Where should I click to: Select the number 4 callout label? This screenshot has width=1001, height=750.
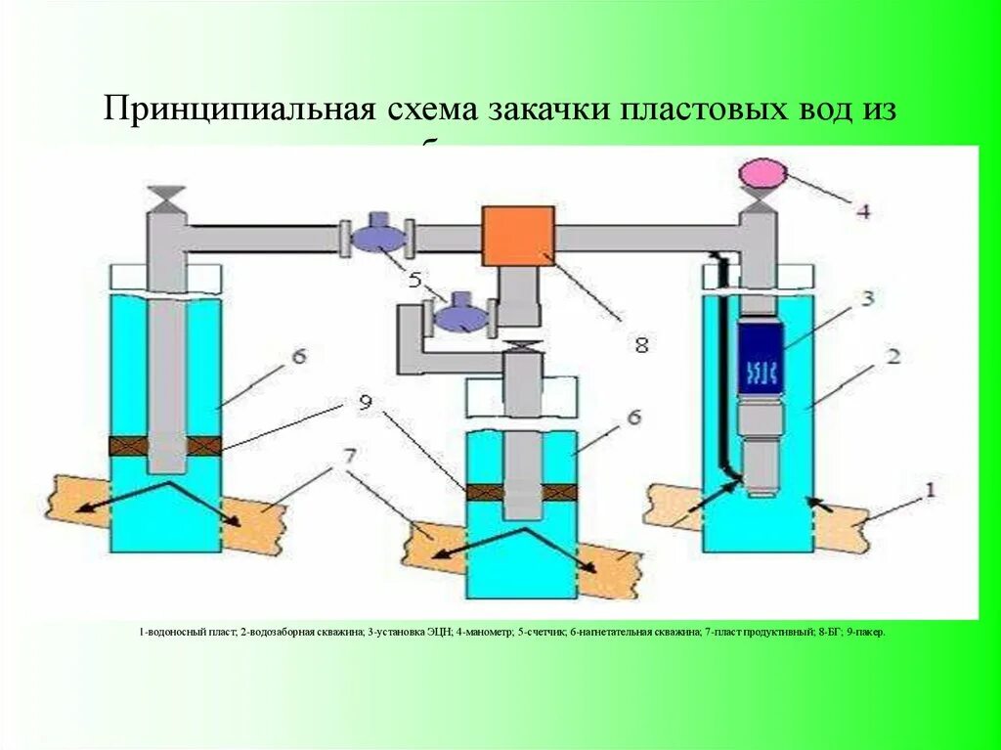pyautogui.click(x=861, y=208)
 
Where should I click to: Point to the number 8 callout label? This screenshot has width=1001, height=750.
pyautogui.click(x=641, y=344)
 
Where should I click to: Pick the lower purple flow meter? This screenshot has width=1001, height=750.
pyautogui.click(x=460, y=317)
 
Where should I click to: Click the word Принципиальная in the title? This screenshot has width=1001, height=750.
pyautogui.click(x=235, y=109)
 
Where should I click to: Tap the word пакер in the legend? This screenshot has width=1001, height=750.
pyautogui.click(x=868, y=633)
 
